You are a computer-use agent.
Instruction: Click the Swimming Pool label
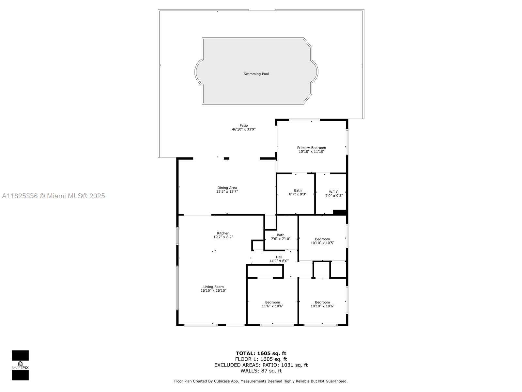pyautogui.click(x=256, y=74)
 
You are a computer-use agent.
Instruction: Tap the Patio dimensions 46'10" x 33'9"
pyautogui.click(x=243, y=129)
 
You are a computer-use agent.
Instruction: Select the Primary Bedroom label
pyautogui.click(x=311, y=148)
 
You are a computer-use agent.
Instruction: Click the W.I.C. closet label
pyautogui.click(x=334, y=192)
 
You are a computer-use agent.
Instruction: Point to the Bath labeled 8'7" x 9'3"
pyautogui.click(x=298, y=192)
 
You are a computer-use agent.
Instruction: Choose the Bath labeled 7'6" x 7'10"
pyautogui.click(x=280, y=237)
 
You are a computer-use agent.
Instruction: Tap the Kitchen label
pyautogui.click(x=223, y=233)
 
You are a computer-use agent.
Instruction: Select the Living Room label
pyautogui.click(x=213, y=287)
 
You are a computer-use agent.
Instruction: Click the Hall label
pyautogui.click(x=279, y=257)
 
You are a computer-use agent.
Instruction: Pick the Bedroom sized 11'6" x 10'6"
pyautogui.click(x=272, y=304)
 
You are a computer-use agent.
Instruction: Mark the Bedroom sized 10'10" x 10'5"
pyautogui.click(x=322, y=241)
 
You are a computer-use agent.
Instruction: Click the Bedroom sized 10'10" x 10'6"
pyautogui.click(x=322, y=304)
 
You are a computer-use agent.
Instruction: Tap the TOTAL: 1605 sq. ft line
pyautogui.click(x=261, y=353)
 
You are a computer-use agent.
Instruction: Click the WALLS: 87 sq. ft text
pyautogui.click(x=261, y=371)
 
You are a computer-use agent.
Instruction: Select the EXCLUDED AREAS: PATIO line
pyautogui.click(x=261, y=365)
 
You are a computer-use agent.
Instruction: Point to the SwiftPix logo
pyautogui.click(x=20, y=365)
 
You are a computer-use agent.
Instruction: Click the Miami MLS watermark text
pyautogui.click(x=54, y=196)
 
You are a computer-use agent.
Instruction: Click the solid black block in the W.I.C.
pyautogui.click(x=339, y=212)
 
